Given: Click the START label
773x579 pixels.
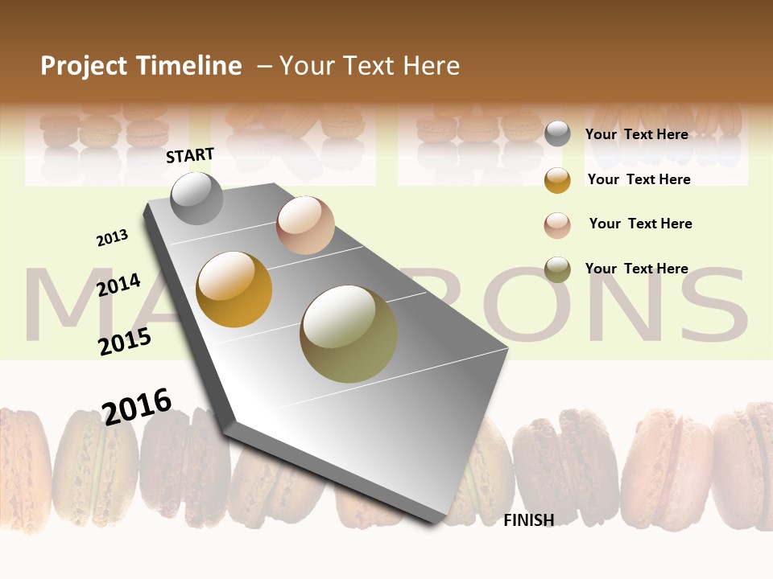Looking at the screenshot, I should pos(190,155).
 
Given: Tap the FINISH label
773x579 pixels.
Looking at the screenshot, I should pos(528,520).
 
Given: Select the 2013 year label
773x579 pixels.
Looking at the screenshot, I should pos(112,238).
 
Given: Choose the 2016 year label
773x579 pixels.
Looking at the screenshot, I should pos(137,406).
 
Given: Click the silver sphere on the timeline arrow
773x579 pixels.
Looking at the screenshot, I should pos(196,198).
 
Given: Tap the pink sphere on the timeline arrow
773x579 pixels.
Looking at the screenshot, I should pos(305,225).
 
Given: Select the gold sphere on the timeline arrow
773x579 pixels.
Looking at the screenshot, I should pos(234,289).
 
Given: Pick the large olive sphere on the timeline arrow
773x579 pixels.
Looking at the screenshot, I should pos(349,334).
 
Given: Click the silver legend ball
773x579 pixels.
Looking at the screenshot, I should pos(557,134).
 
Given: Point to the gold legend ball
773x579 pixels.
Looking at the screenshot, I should pos(557,180).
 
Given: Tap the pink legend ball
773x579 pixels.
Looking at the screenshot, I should pos(557,225).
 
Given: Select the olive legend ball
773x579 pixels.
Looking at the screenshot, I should pos(557,269).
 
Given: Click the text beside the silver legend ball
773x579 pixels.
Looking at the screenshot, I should pos(636,134).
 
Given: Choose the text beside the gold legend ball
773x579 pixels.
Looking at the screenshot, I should pos(639,179).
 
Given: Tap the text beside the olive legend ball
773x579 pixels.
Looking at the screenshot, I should pos(636,269).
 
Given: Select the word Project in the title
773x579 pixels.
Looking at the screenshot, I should pos(85,66).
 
